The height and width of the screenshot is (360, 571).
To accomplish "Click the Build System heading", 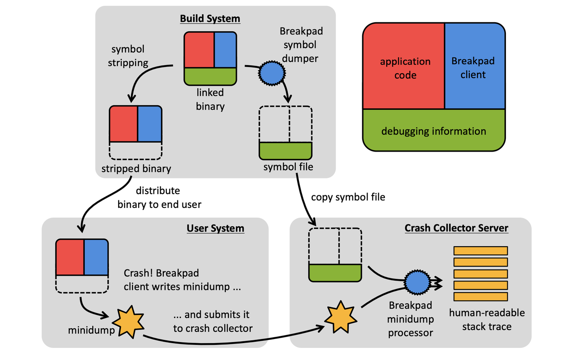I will click(x=210, y=19).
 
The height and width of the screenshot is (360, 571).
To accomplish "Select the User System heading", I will click(x=215, y=228).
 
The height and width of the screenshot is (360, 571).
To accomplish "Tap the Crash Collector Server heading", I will click(x=456, y=228).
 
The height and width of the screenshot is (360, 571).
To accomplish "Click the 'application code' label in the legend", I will click(x=405, y=68).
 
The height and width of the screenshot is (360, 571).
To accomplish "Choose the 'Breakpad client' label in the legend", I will click(x=473, y=68).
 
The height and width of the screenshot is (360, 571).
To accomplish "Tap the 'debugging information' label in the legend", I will click(x=434, y=131).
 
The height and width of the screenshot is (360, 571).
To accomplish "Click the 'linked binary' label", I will click(x=210, y=99).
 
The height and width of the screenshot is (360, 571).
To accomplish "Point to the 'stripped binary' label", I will click(x=136, y=169).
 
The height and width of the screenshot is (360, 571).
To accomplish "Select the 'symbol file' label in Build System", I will click(x=288, y=167).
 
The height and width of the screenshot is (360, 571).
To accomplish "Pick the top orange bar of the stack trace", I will click(x=480, y=250).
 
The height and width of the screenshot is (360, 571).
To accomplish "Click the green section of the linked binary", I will click(x=210, y=76).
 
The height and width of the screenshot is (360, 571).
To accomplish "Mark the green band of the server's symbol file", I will click(x=335, y=272).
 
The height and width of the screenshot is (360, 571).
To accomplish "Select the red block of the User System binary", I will click(x=70, y=257).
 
